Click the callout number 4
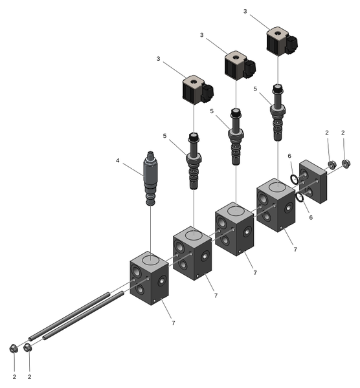pos(117,160)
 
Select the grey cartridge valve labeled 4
pos(151,178)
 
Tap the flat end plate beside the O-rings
pos(313,182)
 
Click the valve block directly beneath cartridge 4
pos(149,278)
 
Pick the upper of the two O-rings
pos(295,179)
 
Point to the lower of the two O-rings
pos(300,197)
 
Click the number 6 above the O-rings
pos(289,156)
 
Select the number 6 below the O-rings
pos(311,217)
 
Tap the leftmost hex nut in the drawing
pos(14,349)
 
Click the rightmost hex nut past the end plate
pos(346,164)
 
